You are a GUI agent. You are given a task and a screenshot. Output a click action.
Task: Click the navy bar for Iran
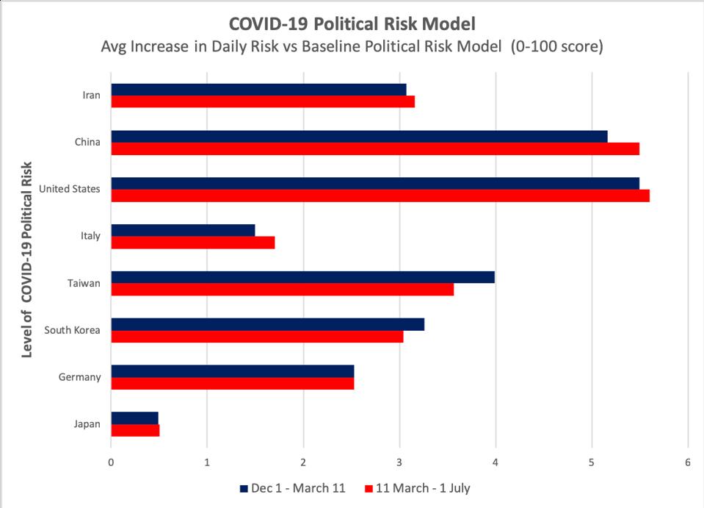(258, 90)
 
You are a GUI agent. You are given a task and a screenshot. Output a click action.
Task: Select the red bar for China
(375, 149)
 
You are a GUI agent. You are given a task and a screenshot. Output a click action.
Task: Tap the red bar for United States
(380, 196)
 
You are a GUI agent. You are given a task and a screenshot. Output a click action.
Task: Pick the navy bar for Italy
(183, 230)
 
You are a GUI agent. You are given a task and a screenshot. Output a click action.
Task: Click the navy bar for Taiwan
(302, 277)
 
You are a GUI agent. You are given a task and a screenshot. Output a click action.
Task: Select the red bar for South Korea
(257, 337)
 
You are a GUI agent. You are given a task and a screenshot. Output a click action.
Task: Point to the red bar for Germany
(232, 384)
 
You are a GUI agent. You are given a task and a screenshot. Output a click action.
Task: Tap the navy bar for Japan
(134, 418)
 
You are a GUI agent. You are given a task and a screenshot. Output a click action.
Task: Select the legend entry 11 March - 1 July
(422, 488)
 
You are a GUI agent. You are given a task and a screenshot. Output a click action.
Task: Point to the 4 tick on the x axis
(496, 462)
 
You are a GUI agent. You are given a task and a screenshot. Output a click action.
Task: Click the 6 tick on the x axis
(688, 462)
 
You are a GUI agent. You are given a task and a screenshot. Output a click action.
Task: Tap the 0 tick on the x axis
(111, 462)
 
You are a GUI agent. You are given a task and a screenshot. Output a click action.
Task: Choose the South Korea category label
(73, 330)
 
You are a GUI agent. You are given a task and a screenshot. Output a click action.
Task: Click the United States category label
(70, 189)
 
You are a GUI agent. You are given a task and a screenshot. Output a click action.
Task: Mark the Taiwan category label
(84, 283)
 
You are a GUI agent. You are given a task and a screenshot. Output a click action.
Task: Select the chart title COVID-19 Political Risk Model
(352, 22)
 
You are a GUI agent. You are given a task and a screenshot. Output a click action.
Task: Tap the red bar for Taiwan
(282, 290)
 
